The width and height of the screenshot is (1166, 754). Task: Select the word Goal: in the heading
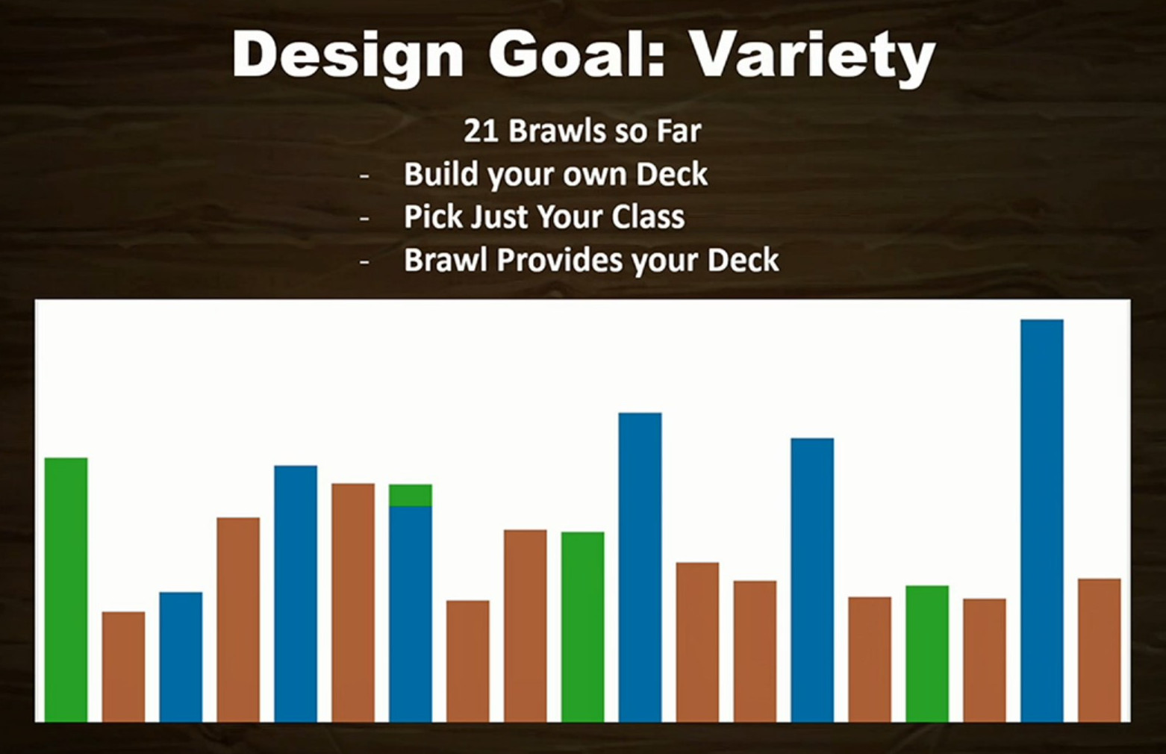click(x=577, y=53)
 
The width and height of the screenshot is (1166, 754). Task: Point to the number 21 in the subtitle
click(x=479, y=131)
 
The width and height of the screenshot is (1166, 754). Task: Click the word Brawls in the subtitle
click(x=557, y=131)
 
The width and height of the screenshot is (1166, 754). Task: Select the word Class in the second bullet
click(x=648, y=217)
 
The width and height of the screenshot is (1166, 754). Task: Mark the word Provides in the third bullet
click(x=560, y=260)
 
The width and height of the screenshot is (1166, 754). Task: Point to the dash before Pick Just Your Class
click(x=364, y=219)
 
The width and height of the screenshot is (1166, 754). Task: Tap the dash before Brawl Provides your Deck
click(x=364, y=261)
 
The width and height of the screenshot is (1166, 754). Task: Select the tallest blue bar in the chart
click(x=1041, y=521)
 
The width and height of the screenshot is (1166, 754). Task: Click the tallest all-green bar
click(x=66, y=590)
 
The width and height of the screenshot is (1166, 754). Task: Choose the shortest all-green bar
click(x=927, y=654)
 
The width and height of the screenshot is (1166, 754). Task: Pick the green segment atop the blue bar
click(x=410, y=495)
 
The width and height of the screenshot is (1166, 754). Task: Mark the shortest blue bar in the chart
click(x=181, y=657)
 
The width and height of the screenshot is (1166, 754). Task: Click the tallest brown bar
click(x=353, y=603)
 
